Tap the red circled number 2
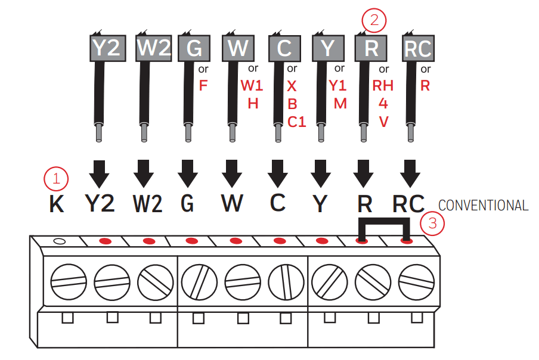(374, 21)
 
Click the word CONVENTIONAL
(483, 206)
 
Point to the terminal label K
(57, 204)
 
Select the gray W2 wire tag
(153, 48)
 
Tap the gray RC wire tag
(417, 48)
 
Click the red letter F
(203, 85)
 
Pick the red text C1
(296, 122)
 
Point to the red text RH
(383, 85)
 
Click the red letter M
(340, 104)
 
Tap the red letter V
(383, 122)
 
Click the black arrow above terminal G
(187, 173)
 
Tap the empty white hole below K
(60, 241)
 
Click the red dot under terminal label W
(236, 241)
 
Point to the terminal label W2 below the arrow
(147, 204)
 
